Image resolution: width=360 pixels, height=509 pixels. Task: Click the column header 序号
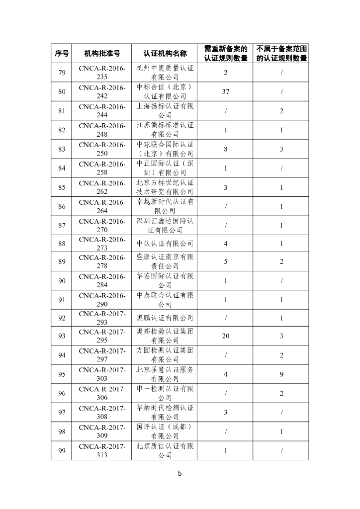click(62, 53)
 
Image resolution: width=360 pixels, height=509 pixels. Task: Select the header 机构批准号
click(102, 53)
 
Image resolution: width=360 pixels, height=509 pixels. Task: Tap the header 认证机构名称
click(165, 53)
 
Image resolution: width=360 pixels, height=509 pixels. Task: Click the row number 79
click(62, 73)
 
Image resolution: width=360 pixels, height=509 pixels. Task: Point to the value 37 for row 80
click(226, 91)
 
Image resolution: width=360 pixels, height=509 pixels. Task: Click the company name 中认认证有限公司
click(165, 244)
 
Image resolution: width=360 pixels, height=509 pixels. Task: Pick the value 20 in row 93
click(226, 336)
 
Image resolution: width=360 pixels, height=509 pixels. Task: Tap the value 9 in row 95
click(281, 374)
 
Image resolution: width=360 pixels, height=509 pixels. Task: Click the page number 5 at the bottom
click(180, 473)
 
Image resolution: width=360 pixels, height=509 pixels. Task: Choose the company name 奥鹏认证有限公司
click(165, 318)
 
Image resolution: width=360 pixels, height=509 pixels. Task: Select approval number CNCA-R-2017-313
click(102, 450)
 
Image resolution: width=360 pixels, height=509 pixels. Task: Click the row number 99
click(62, 450)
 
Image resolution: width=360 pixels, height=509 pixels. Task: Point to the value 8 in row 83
click(226, 149)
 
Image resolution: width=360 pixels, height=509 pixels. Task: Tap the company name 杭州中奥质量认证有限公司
click(165, 73)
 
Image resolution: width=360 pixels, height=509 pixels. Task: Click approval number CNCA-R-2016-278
click(102, 262)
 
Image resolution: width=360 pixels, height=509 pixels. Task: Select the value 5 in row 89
click(226, 262)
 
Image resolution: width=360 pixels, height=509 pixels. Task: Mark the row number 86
click(62, 206)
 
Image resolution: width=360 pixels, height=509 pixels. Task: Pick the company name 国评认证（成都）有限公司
click(165, 431)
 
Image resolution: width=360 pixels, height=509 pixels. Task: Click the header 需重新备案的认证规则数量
click(226, 53)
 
